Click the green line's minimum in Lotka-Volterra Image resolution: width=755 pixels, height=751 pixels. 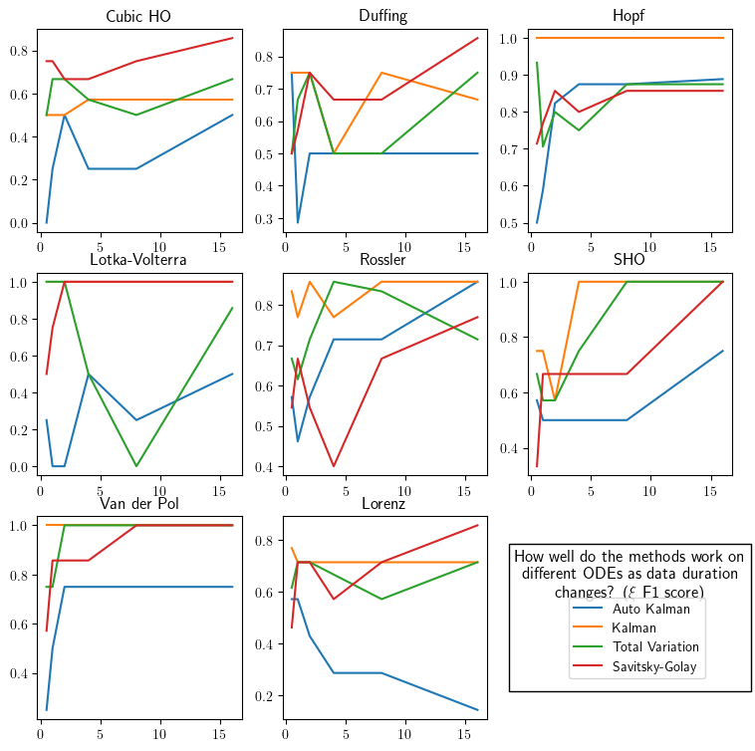(x=136, y=466)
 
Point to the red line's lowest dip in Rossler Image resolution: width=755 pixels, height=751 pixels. (x=334, y=466)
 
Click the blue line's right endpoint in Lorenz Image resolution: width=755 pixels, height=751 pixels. (x=478, y=710)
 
